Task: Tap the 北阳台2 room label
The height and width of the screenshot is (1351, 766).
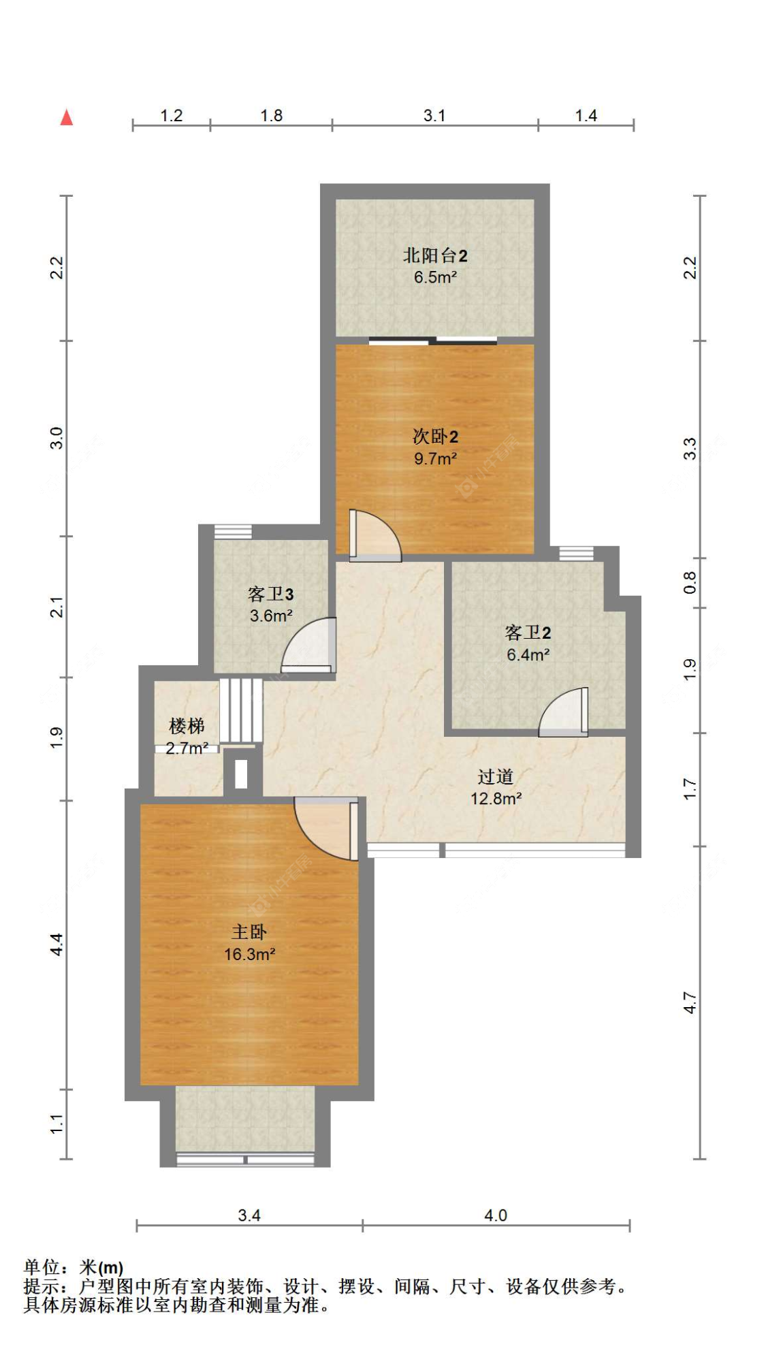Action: click(x=435, y=256)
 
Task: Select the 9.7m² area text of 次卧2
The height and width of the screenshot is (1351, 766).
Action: click(x=435, y=459)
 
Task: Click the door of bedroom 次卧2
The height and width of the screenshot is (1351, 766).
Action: click(x=374, y=536)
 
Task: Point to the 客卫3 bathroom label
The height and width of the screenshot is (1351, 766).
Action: click(x=270, y=594)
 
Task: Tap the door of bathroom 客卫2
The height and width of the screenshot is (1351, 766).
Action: click(x=563, y=712)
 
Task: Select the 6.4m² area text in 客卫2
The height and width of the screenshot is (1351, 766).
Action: click(x=528, y=655)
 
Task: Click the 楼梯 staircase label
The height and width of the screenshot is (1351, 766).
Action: click(x=187, y=726)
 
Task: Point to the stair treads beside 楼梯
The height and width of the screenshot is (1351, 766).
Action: click(x=241, y=712)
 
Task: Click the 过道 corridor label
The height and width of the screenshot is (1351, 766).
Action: click(x=496, y=777)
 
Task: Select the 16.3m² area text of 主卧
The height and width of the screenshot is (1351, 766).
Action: click(x=249, y=955)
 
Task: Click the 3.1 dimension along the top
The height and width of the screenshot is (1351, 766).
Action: click(x=434, y=116)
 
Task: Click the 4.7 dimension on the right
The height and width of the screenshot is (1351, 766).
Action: click(x=690, y=1002)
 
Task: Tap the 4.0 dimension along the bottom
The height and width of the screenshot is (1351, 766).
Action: click(x=496, y=1215)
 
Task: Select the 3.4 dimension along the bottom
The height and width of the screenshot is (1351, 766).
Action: click(x=249, y=1215)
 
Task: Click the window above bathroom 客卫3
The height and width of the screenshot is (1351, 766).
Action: click(x=233, y=532)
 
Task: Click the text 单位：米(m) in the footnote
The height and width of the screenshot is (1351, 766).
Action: click(x=74, y=1267)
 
